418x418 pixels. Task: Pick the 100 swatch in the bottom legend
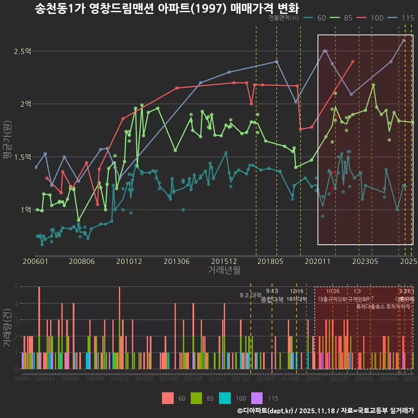[225, 398]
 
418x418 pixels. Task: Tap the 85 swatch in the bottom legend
[196, 398]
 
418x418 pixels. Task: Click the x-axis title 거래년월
[224, 270]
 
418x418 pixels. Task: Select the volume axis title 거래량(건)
[7, 327]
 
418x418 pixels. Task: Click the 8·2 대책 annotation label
[250, 295]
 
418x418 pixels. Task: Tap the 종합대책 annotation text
[272, 299]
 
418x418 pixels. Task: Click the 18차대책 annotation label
[297, 299]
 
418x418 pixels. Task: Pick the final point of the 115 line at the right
[404, 40]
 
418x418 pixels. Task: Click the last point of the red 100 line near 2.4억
[353, 61]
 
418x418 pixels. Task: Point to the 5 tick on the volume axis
[16, 287]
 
